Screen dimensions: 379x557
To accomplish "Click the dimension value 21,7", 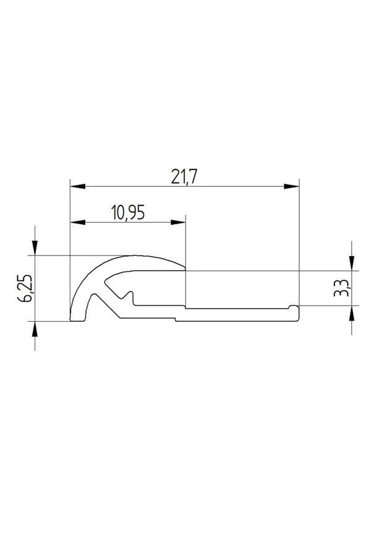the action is click(184, 176).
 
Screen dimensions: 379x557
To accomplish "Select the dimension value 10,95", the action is click(128, 212).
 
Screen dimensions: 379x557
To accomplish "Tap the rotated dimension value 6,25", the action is click(26, 288).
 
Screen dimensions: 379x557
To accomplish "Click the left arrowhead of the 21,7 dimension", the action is click(78, 186).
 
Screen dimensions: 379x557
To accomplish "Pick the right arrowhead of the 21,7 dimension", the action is click(292, 186).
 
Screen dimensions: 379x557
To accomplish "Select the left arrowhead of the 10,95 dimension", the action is click(78, 222).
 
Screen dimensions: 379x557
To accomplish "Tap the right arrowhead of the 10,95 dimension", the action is click(178, 222).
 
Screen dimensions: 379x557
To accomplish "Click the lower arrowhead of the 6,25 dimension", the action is click(35, 329).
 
